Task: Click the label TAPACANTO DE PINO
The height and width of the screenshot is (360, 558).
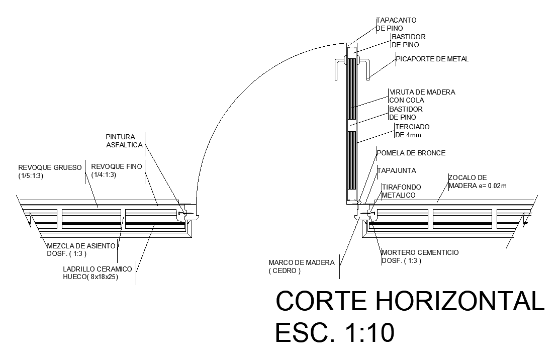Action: (397, 24)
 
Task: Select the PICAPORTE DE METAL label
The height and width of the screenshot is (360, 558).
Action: (432, 59)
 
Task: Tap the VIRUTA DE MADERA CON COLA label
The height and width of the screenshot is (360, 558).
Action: (422, 96)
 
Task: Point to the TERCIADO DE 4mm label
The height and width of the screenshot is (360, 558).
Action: (412, 131)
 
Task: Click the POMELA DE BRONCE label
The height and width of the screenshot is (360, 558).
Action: (411, 153)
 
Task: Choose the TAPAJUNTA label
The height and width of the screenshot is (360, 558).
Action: (397, 170)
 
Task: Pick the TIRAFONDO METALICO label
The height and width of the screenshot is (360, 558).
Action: (402, 191)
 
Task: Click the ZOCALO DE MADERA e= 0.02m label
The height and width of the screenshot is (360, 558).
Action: (477, 182)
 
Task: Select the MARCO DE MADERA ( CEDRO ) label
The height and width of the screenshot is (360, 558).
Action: (302, 266)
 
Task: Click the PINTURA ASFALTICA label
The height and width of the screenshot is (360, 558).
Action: (124, 141)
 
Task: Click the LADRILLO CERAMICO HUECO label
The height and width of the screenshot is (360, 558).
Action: (98, 273)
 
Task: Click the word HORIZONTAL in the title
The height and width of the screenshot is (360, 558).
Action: (460, 301)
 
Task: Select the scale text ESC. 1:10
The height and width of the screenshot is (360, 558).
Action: (335, 332)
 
